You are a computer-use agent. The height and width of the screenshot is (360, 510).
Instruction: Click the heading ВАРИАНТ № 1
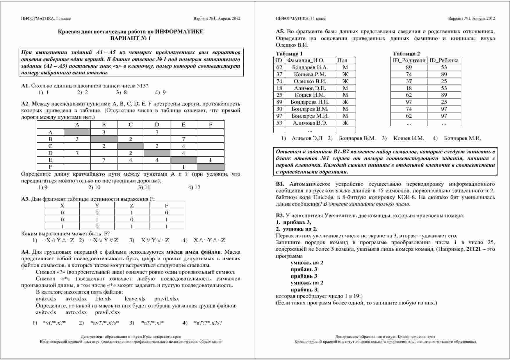(131, 38)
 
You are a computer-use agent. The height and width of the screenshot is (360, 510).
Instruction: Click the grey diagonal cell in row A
(77, 132)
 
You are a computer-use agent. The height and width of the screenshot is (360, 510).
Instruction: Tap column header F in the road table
(211, 125)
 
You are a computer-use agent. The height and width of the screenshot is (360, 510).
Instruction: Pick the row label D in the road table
(50, 153)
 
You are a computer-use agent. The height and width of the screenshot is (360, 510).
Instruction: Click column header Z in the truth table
(132, 206)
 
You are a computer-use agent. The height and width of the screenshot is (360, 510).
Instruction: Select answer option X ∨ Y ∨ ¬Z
(155, 240)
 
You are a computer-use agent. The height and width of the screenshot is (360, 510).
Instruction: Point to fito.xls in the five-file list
(103, 299)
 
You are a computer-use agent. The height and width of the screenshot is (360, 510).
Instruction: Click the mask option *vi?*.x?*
(54, 323)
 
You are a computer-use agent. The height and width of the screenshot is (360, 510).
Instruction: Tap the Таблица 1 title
(289, 53)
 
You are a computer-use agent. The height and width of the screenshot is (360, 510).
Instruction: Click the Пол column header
(342, 60)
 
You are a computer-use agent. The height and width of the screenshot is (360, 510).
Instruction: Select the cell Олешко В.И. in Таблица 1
(310, 81)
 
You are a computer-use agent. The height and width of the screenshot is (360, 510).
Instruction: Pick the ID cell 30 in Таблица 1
(279, 109)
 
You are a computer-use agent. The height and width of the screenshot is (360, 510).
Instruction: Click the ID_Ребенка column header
(444, 60)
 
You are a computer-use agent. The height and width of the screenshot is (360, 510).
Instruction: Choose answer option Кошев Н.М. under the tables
(409, 138)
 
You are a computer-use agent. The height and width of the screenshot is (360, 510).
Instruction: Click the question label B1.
(280, 184)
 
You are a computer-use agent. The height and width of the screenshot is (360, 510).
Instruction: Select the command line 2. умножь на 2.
(297, 229)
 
